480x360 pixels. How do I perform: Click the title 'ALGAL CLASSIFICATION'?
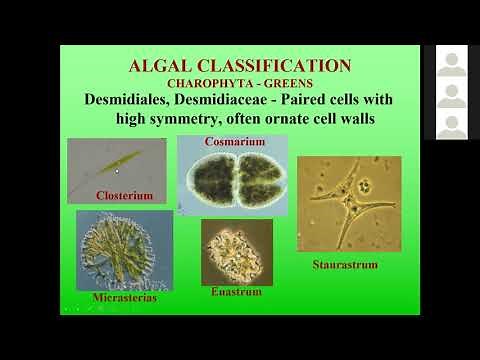pos(240,66)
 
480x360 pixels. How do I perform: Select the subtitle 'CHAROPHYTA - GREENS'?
pos(239,83)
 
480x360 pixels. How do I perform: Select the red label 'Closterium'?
pos(123,195)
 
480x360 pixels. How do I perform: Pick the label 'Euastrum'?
pos(236,292)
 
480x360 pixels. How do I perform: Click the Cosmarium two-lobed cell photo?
pos(232,180)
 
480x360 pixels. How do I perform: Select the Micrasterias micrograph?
pos(123,251)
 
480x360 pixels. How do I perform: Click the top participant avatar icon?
pos(451,65)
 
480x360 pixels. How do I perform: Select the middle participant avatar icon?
pos(451,95)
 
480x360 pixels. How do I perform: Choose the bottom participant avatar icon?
pos(451,126)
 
